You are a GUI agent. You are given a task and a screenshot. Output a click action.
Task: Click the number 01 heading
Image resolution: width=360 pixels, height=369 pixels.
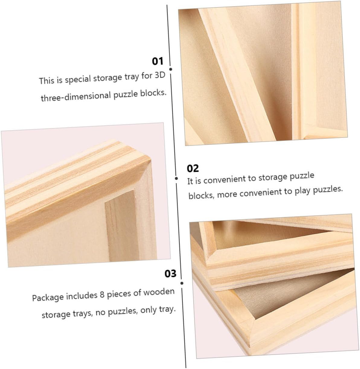coord(158,61)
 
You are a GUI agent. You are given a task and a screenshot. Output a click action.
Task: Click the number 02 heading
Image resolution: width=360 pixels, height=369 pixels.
coord(193,168)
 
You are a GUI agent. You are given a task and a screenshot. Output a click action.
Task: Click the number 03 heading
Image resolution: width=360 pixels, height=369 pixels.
coord(170,274)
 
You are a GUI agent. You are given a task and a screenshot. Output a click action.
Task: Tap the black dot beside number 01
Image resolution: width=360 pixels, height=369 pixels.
coord(171,69)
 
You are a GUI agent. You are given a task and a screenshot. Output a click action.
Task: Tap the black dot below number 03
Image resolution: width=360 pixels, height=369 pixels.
coord(182,283)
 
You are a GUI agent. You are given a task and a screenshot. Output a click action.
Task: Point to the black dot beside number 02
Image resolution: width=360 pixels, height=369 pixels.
coord(177,178)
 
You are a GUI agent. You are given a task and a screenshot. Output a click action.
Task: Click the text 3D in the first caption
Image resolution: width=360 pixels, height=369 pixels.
coord(160,75)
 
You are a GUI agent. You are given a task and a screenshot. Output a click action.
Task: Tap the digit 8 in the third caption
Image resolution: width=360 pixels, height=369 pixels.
coord(102,294)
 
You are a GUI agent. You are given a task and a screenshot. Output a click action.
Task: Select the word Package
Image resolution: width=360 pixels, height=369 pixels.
coord(48,297)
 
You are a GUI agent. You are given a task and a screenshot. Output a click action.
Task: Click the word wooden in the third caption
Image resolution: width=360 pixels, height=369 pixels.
coord(159,292)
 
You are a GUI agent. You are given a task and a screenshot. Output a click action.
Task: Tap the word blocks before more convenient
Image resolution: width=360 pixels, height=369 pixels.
coord(201,195)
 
